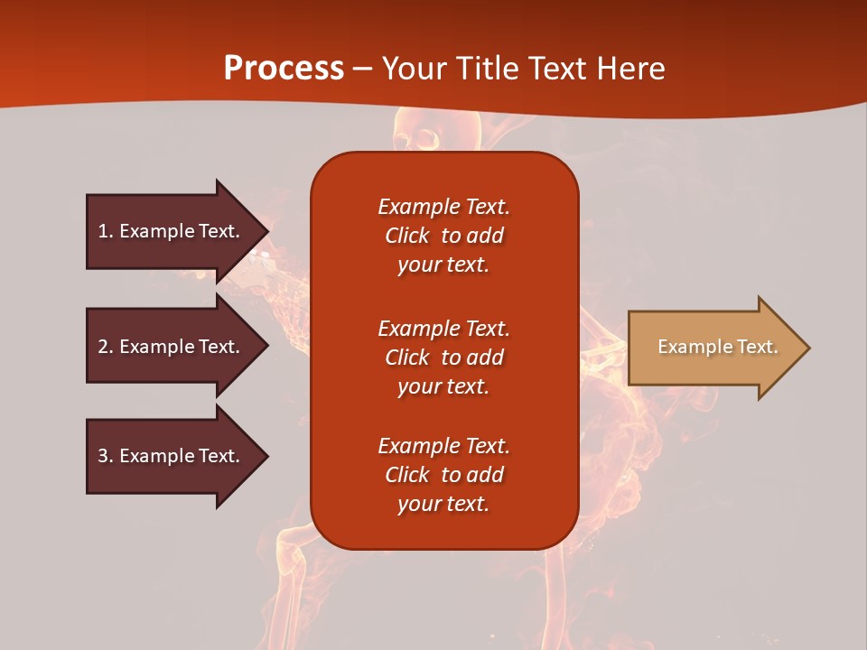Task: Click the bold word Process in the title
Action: point(284,69)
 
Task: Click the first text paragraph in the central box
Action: point(443,236)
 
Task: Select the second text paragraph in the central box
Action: point(443,357)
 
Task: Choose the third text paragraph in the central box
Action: point(443,475)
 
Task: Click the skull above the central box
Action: point(417,135)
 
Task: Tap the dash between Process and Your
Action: point(362,69)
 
